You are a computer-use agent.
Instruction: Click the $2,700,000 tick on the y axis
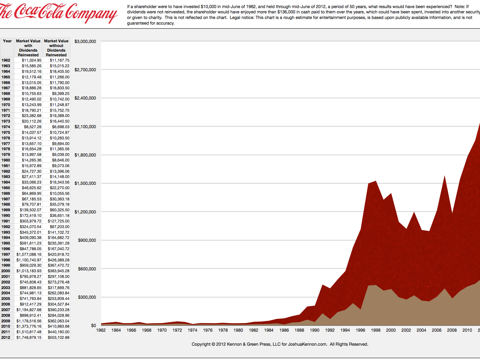[x=85, y=70]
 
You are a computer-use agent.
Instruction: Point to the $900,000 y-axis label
[x=87, y=240]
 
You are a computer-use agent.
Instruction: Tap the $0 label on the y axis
[x=93, y=325]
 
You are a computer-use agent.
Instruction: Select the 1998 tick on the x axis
[x=376, y=330]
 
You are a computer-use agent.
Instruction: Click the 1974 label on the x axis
[x=192, y=330]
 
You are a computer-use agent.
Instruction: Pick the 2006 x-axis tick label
[x=436, y=330]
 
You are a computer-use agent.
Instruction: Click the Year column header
[x=7, y=41]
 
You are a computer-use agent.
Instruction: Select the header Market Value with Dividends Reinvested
[x=28, y=48]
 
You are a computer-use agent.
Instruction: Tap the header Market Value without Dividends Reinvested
[x=56, y=48]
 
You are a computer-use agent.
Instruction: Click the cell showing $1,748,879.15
[x=29, y=338]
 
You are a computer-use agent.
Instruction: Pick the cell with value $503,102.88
[x=59, y=338]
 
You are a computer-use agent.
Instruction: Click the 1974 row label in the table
[x=6, y=127]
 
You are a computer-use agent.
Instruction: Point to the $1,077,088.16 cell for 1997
[x=29, y=255]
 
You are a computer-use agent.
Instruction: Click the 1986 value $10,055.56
[x=59, y=194]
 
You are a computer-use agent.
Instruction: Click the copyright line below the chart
[x=280, y=344]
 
